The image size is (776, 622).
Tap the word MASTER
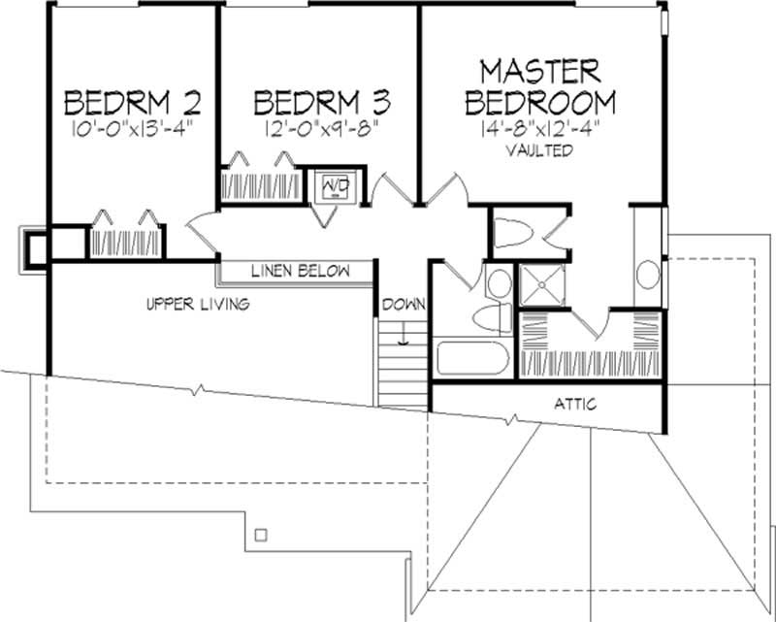click(541, 71)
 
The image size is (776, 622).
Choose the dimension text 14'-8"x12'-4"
click(539, 129)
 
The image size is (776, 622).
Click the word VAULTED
click(540, 151)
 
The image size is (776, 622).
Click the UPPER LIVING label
click(198, 304)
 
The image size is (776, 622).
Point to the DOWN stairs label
click(404, 304)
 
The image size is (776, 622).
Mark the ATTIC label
click(576, 404)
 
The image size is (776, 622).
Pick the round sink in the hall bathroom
click(499, 284)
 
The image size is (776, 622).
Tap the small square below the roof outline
click(259, 535)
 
